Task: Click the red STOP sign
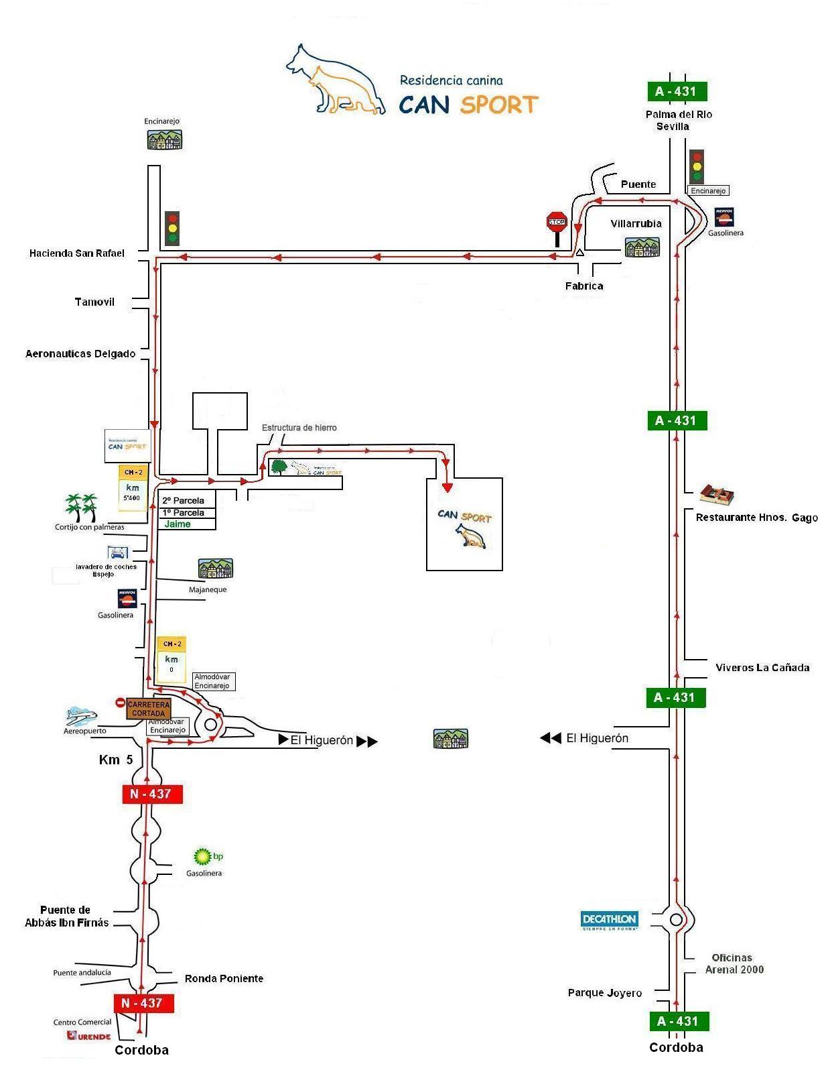(557, 222)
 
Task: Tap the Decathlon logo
(609, 920)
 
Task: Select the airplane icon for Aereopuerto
(81, 716)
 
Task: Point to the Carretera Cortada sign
(148, 709)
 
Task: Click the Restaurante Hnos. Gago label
(756, 518)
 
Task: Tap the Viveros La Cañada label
(762, 667)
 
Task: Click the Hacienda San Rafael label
(77, 253)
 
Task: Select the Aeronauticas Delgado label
(80, 354)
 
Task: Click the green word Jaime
(178, 524)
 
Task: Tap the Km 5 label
(116, 760)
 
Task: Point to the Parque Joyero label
(604, 993)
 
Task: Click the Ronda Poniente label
(224, 979)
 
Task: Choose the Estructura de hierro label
(299, 428)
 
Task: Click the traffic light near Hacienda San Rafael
(173, 228)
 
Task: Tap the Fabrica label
(583, 286)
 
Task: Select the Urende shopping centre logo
(88, 1036)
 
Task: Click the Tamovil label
(94, 302)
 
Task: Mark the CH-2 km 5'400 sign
(132, 488)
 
